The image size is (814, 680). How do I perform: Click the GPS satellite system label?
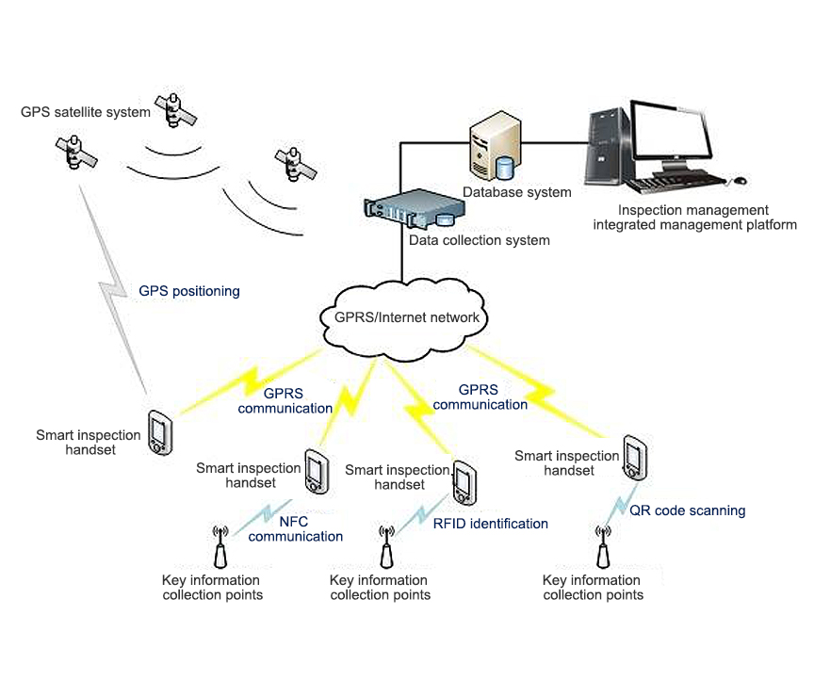tap(86, 112)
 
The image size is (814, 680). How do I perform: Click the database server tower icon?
tap(495, 146)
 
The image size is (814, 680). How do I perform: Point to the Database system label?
tap(516, 192)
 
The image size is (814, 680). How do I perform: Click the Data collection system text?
tap(479, 240)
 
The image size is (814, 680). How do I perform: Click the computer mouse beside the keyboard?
tap(741, 179)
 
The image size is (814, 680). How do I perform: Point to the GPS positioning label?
tap(189, 291)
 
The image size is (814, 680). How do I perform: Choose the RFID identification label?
tap(490, 524)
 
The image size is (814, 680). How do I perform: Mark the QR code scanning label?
tap(687, 510)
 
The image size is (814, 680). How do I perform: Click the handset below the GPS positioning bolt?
tap(160, 432)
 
